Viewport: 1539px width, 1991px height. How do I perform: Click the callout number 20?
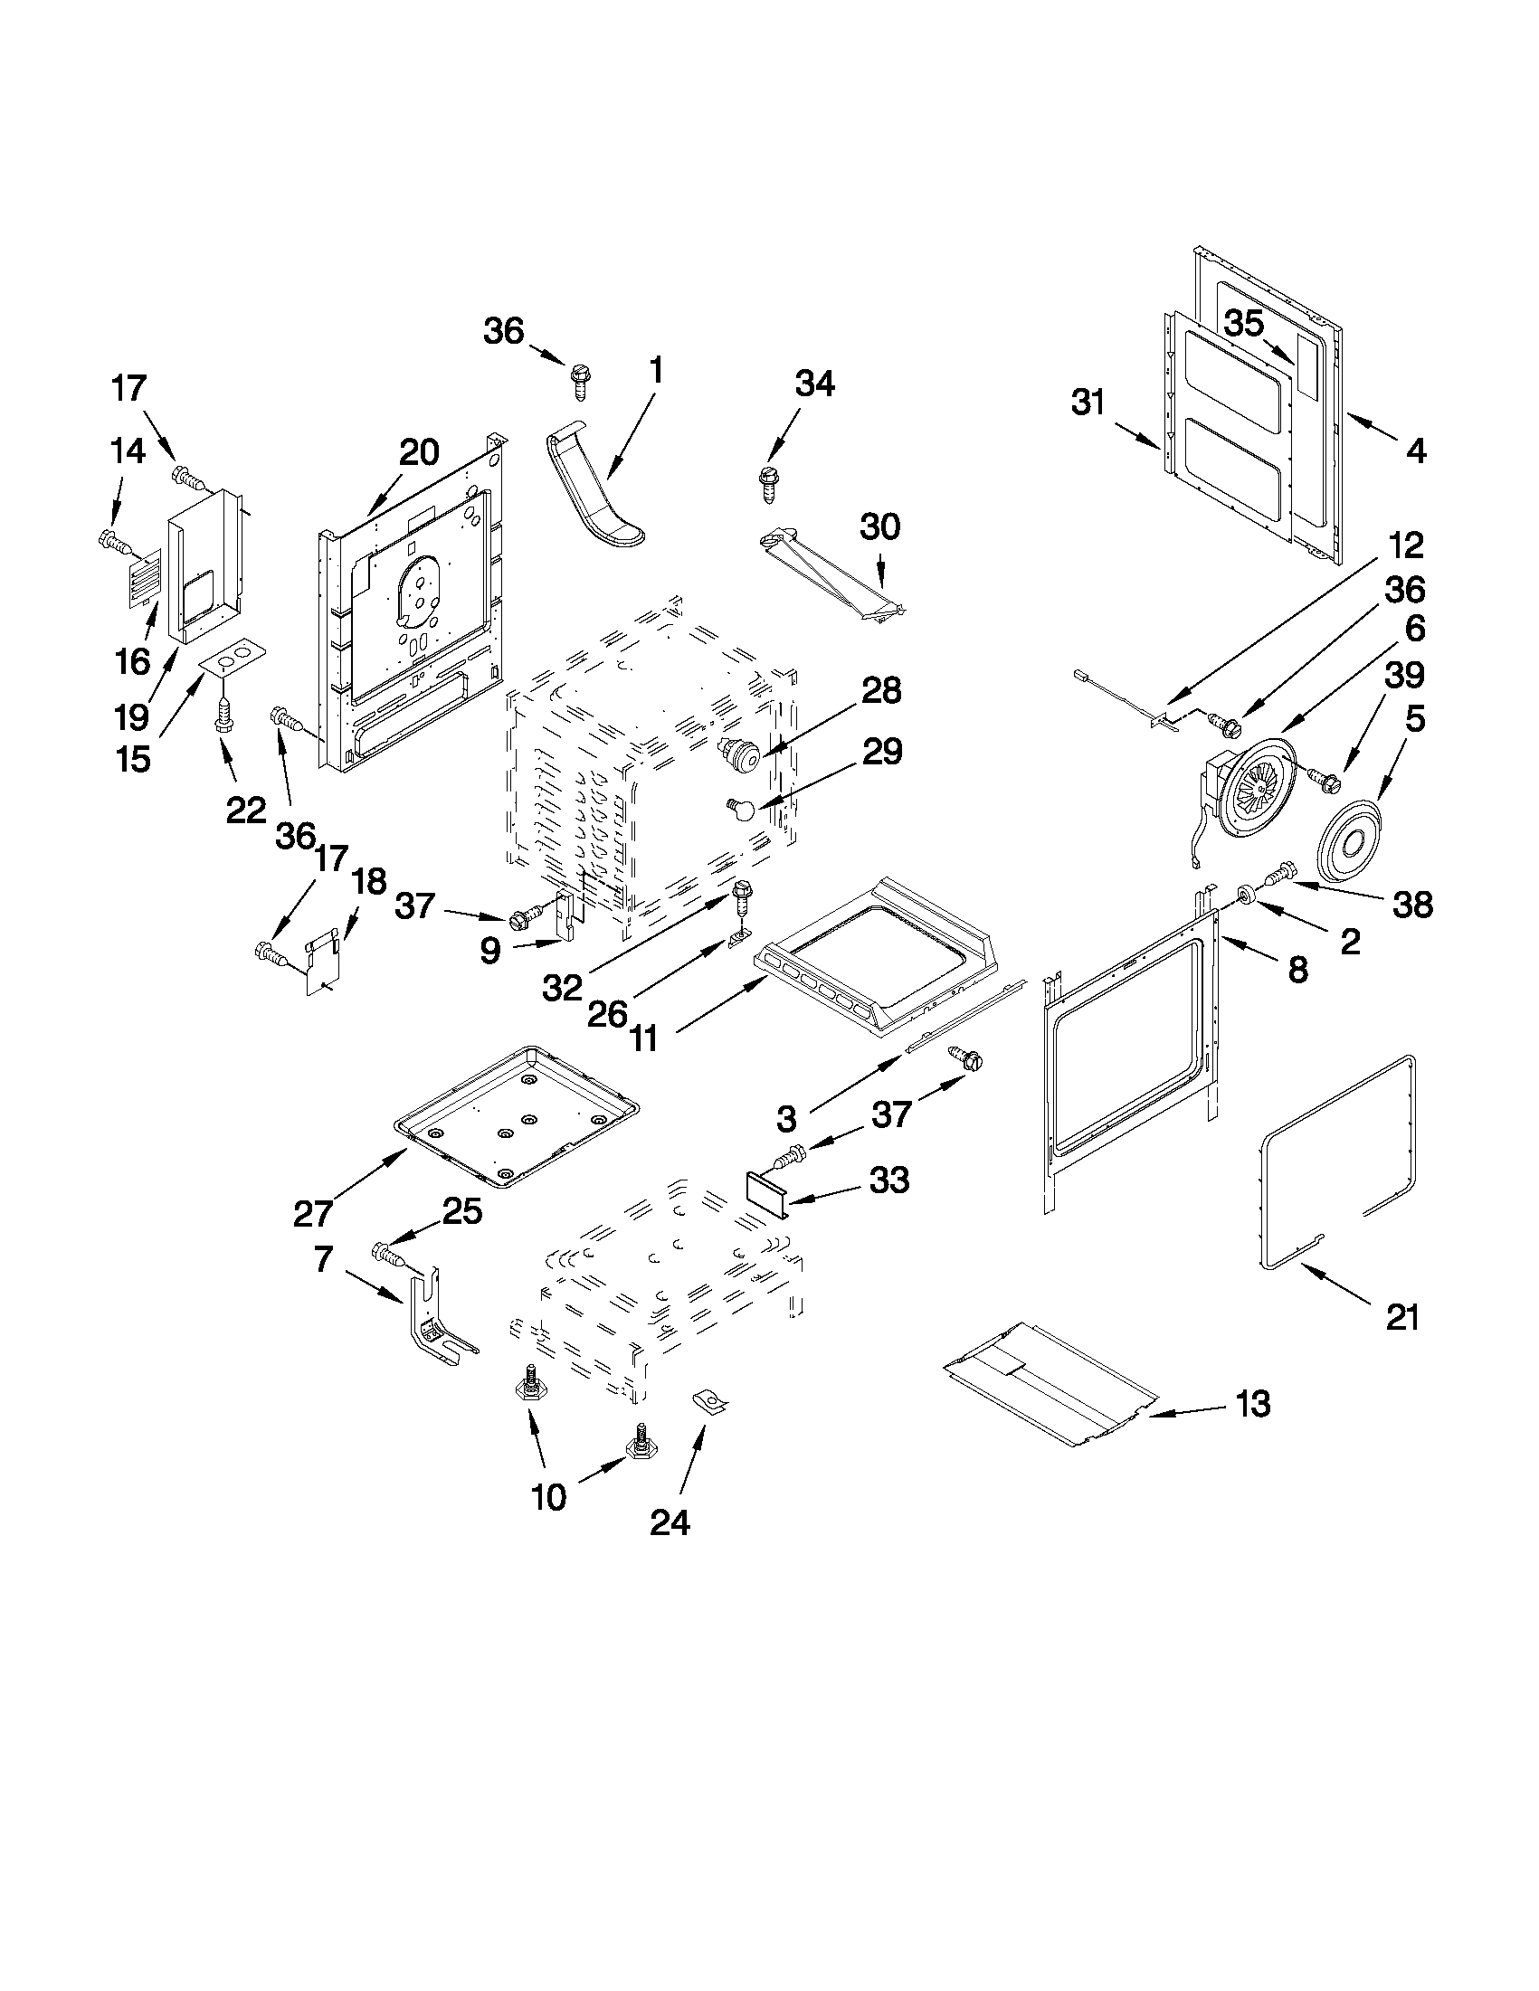tap(420, 452)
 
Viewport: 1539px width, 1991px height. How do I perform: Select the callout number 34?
tap(814, 384)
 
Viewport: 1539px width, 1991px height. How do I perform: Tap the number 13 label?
tap(1253, 1405)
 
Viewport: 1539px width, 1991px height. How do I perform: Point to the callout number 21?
tap(1402, 1317)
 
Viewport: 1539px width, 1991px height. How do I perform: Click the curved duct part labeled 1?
tap(592, 492)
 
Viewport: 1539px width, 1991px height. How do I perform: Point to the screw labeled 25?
tap(388, 1256)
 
